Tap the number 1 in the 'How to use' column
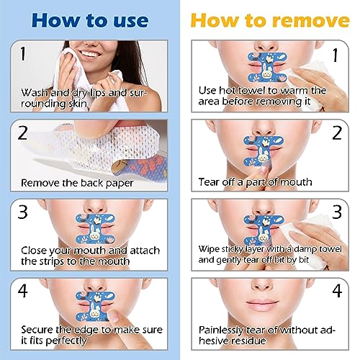pyautogui.click(x=25, y=53)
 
